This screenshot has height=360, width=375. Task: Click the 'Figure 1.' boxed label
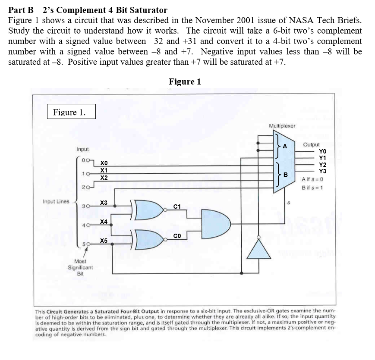pos(71,113)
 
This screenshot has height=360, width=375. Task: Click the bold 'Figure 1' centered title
pos(185,82)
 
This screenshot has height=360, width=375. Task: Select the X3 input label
pos(104,203)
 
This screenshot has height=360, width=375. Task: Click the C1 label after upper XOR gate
pos(177,206)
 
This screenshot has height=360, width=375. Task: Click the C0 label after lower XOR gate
pos(177,235)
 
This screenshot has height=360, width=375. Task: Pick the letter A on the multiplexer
pos(284,147)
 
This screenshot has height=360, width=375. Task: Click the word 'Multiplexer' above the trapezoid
pos(282,126)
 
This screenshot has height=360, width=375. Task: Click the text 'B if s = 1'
pos(313,188)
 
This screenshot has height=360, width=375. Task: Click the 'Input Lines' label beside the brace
pos(56,201)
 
